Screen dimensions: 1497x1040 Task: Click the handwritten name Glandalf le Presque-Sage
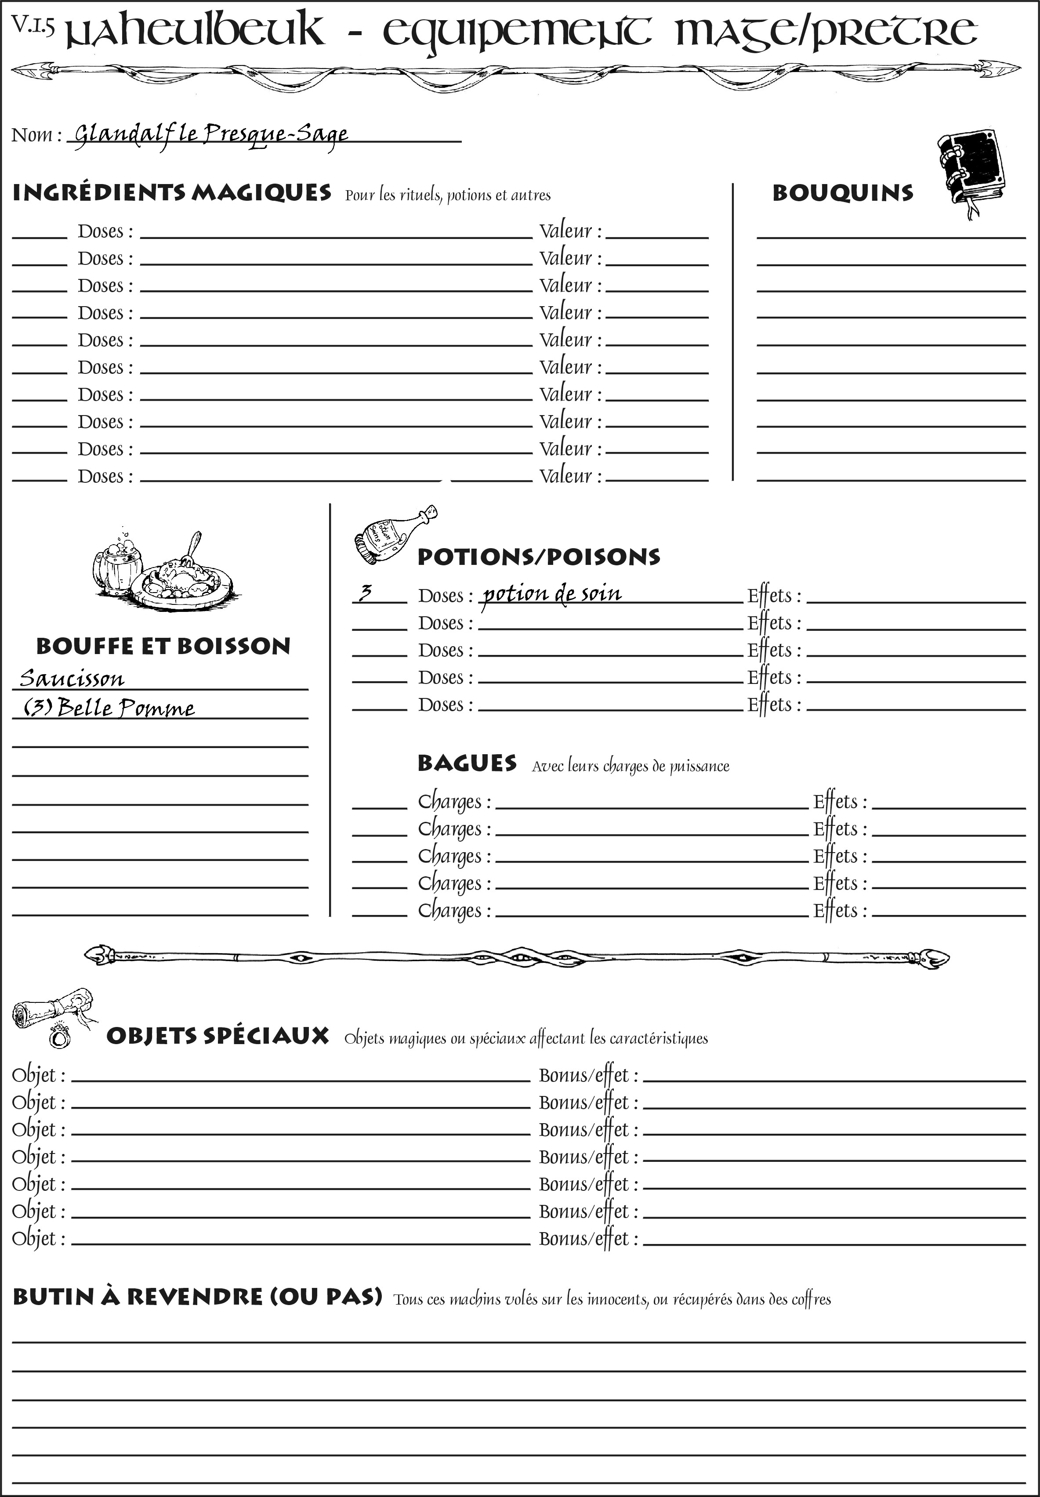click(x=210, y=134)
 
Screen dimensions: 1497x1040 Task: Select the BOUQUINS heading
click(x=843, y=193)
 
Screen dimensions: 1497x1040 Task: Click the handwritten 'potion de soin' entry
click(x=552, y=593)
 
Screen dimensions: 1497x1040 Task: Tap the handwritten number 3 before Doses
click(x=366, y=593)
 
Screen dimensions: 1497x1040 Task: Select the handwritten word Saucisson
click(x=72, y=678)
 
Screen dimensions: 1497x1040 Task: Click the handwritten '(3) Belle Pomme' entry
click(x=109, y=708)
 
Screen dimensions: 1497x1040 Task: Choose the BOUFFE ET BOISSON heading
click(x=163, y=646)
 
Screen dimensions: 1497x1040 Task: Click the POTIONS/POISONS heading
click(x=538, y=557)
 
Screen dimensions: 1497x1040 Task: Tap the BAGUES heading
click(x=467, y=763)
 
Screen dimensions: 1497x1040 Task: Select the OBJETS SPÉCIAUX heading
click(x=217, y=1036)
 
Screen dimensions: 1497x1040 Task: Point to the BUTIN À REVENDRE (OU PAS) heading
click(x=197, y=1296)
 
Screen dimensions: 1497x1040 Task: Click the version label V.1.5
click(x=33, y=25)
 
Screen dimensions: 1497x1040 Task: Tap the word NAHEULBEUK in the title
click(x=196, y=31)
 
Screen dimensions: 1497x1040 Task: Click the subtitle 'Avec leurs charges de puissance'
click(x=630, y=766)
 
